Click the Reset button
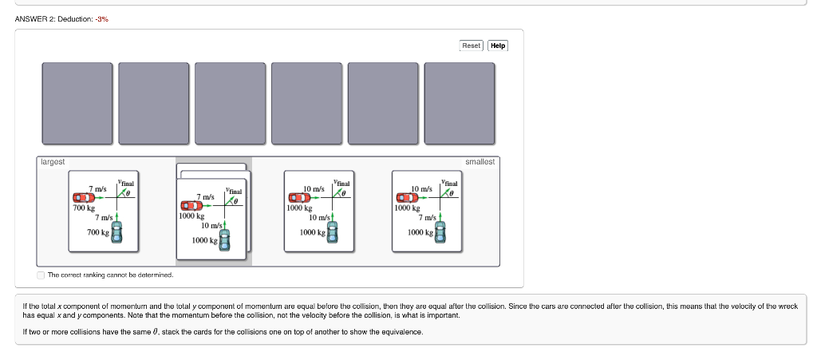pyautogui.click(x=472, y=45)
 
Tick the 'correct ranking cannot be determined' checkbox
pyautogui.click(x=41, y=275)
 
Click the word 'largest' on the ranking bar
pyautogui.click(x=53, y=162)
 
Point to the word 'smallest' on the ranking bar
pyautogui.click(x=480, y=162)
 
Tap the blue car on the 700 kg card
pyautogui.click(x=117, y=232)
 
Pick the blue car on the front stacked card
pyautogui.click(x=225, y=240)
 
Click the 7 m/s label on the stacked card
pyautogui.click(x=206, y=196)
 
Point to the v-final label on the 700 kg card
pyautogui.click(x=126, y=183)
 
